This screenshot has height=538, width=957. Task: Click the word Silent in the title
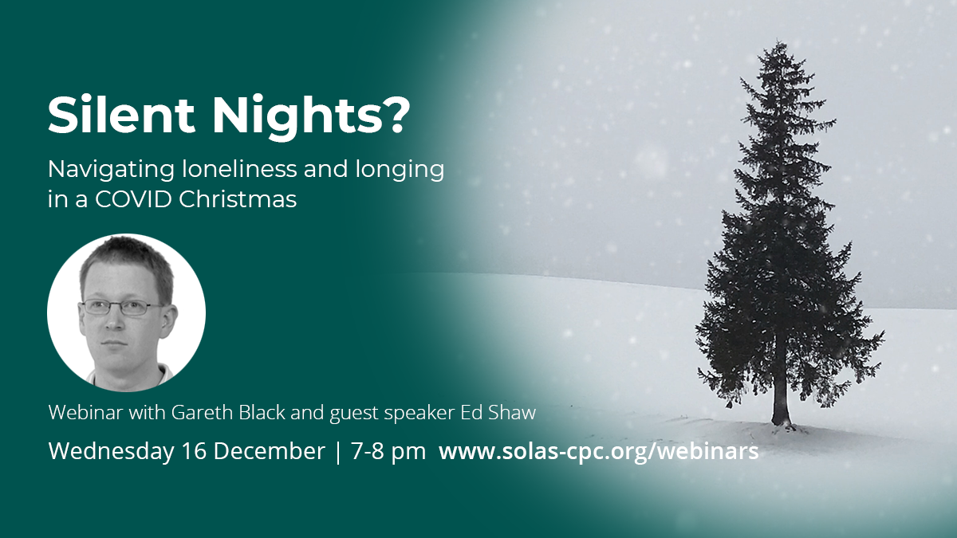[121, 116]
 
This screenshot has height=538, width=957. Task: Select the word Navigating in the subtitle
[111, 171]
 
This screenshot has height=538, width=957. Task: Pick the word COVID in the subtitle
[133, 199]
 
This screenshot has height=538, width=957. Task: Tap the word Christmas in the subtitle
[238, 199]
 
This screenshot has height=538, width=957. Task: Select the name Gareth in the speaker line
[199, 413]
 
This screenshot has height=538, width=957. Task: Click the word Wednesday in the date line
[112, 452]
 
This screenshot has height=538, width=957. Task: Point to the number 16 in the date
[195, 452]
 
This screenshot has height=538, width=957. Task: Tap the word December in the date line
[270, 452]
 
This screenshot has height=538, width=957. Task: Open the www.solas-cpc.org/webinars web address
[599, 452]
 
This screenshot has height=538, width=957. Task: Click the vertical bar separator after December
[338, 453]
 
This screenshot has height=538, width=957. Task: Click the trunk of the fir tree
[782, 402]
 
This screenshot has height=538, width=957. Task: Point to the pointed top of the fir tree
[781, 41]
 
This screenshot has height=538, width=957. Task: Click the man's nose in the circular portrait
[113, 321]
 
